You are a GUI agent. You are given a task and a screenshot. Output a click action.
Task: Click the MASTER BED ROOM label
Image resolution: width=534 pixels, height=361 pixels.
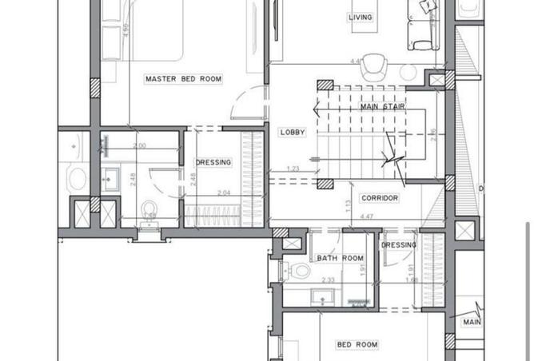point(183,79)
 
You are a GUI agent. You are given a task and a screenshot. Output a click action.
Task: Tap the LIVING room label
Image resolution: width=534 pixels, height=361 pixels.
point(360,17)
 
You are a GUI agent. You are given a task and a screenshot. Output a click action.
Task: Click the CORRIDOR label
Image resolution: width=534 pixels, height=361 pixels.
point(379,198)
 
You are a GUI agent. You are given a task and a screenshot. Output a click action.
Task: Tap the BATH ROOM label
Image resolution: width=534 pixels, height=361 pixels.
point(340,258)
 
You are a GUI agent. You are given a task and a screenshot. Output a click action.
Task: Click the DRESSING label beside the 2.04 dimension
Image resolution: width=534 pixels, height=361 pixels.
point(213,162)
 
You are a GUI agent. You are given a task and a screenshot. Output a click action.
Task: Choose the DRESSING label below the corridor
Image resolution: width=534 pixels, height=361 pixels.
point(400,245)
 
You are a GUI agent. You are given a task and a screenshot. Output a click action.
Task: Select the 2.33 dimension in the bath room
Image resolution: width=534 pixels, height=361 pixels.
point(328,280)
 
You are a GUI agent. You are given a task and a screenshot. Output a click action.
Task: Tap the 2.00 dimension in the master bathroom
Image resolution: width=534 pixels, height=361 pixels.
point(139,146)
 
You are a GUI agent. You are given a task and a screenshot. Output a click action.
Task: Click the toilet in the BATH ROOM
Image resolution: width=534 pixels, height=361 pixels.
point(299,272)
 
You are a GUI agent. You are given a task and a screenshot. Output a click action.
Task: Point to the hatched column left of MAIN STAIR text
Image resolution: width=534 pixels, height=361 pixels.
point(325,86)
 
